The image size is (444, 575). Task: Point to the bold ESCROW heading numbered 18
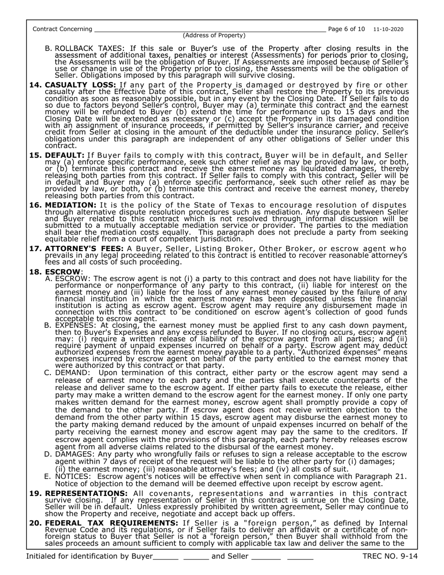pos(63,272)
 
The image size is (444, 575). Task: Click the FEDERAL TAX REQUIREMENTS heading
pos(111,523)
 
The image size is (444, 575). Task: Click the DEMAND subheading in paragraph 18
pos(72,373)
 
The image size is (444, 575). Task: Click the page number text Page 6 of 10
pos(346,29)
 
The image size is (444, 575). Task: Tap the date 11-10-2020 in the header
pos(388,29)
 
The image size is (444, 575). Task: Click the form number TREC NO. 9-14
pos(390,556)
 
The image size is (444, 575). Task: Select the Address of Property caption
pos(214,36)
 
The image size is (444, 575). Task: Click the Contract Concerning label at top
pos(62,29)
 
